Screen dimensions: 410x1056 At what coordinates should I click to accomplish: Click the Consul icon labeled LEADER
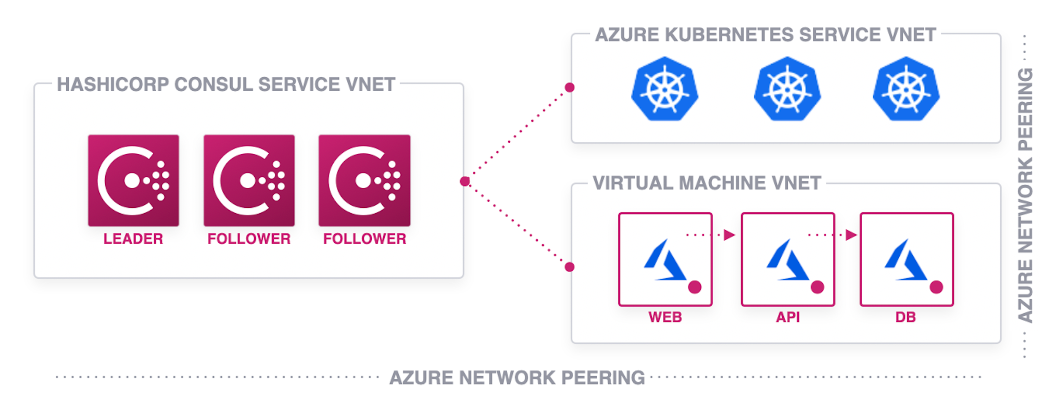pos(133,180)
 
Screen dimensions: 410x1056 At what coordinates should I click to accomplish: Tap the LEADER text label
pos(133,239)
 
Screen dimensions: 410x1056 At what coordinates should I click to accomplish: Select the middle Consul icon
pos(249,180)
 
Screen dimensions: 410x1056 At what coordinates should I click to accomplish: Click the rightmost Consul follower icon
pos(364,180)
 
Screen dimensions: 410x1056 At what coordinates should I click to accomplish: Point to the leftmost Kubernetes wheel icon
pos(664,89)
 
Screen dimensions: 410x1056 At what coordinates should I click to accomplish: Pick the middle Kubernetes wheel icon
pos(787,89)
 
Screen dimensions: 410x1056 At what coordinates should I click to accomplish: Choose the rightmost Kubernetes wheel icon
pos(906,89)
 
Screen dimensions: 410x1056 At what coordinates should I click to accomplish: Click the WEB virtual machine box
pos(665,259)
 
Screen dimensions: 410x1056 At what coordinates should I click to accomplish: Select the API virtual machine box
pos(788,259)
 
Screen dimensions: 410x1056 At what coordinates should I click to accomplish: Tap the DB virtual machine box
pos(907,259)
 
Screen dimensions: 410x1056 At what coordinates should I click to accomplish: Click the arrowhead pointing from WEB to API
pos(729,235)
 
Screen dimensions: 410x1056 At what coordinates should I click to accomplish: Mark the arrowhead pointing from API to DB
pos(851,235)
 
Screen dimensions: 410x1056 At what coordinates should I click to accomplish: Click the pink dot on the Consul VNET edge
pos(465,182)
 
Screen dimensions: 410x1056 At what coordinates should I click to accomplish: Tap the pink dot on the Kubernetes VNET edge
pos(569,87)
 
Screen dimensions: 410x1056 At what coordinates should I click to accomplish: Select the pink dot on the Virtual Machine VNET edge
pos(569,267)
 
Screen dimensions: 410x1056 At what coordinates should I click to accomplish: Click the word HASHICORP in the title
pos(113,84)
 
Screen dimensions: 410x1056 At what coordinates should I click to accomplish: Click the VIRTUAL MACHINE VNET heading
pos(707,183)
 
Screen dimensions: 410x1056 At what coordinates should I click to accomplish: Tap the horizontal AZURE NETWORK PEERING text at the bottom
pos(517,377)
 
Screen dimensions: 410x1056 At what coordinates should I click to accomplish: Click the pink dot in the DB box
pos(936,287)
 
